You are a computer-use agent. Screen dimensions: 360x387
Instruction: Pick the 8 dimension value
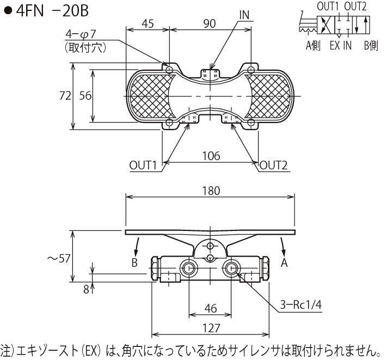click(x=86, y=289)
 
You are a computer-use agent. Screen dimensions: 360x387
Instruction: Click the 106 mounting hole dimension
click(x=211, y=156)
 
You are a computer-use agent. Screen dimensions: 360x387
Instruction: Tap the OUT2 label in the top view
click(x=273, y=165)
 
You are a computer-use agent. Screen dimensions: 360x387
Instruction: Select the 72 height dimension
click(x=65, y=96)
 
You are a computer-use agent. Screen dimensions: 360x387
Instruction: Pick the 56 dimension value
click(x=85, y=96)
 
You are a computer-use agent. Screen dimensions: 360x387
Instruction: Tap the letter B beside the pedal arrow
click(x=134, y=263)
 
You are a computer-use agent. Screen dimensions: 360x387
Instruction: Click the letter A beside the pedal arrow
click(x=284, y=263)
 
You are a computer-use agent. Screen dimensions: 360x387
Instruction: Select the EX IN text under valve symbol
click(x=341, y=46)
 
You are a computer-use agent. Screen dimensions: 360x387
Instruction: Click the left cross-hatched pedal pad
click(x=151, y=96)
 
